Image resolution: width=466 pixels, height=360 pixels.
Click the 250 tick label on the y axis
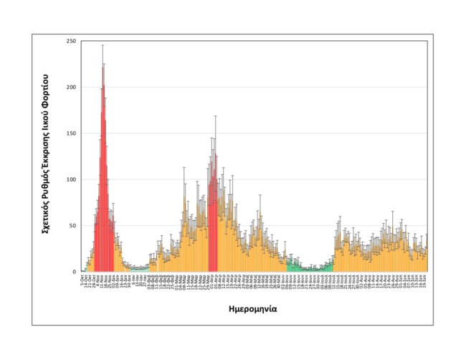tap(71, 42)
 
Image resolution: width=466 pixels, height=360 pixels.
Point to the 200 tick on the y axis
tap(71, 87)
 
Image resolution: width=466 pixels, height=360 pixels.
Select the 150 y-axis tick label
tap(71, 133)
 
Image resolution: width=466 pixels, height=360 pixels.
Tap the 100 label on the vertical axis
tap(71, 179)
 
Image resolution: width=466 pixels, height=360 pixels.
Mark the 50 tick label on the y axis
tap(72, 226)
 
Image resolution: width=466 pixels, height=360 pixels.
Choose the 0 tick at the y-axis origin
tap(74, 272)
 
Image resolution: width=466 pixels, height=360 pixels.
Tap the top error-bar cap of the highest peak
tap(103, 45)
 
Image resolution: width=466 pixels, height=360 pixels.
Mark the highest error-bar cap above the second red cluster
tap(215, 115)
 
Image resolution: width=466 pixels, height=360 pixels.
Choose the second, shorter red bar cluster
tap(213, 222)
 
